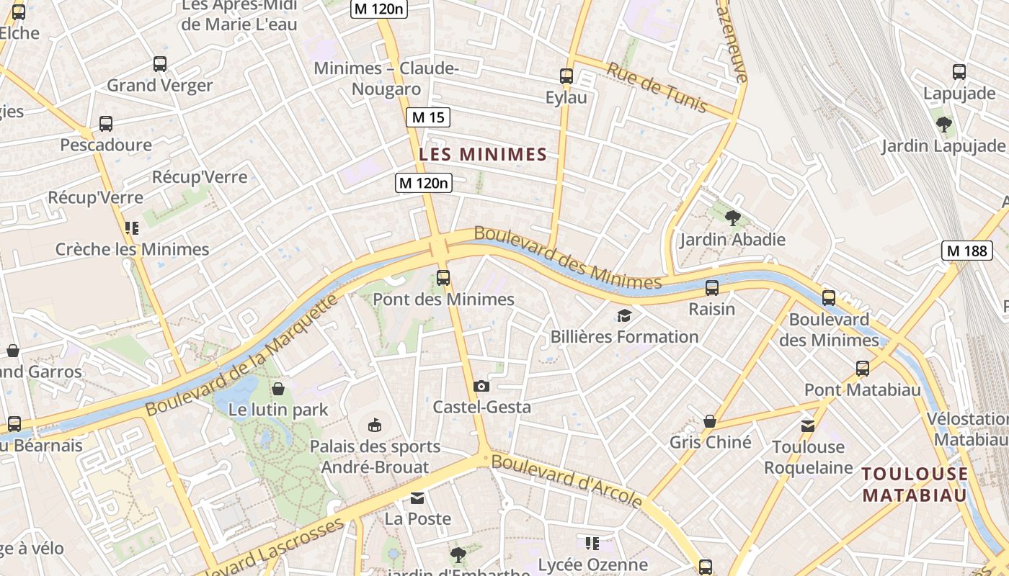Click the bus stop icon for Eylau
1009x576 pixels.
[566, 76]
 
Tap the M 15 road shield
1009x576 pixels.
[428, 117]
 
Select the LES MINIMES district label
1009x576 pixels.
[483, 154]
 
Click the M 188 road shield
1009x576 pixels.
[967, 251]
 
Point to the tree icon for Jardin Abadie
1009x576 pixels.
[732, 217]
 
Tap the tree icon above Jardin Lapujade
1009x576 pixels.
[943, 125]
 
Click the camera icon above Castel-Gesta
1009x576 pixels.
[481, 386]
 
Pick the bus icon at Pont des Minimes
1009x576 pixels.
[443, 277]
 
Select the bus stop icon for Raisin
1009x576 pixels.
[712, 288]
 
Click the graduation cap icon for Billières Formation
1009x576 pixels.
[624, 315]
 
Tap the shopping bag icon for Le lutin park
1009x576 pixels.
[278, 389]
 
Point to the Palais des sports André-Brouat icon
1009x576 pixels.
[375, 425]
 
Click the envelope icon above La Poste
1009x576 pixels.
[417, 498]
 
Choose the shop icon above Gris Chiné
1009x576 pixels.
[710, 421]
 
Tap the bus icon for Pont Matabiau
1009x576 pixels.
[863, 369]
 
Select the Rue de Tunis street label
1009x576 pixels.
[657, 87]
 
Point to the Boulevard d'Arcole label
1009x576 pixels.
[567, 481]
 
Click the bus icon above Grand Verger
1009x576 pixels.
[160, 64]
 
